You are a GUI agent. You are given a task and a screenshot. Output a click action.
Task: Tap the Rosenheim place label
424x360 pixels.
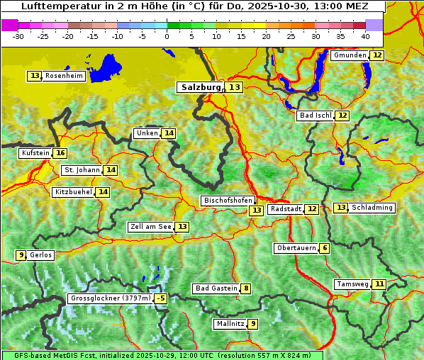(x=64, y=76)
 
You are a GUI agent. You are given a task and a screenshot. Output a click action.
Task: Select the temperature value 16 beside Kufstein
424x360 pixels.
(x=60, y=153)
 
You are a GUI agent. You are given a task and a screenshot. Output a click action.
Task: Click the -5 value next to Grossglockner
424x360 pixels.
(x=161, y=299)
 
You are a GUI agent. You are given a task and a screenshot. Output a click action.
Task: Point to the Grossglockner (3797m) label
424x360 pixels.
(x=111, y=299)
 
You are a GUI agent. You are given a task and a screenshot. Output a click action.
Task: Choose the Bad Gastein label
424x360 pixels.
(x=216, y=288)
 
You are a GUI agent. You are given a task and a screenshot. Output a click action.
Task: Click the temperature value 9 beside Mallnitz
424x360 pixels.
(x=252, y=324)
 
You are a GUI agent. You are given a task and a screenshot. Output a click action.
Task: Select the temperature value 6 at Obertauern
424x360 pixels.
(x=324, y=248)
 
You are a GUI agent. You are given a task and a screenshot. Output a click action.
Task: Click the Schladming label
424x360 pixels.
(x=372, y=208)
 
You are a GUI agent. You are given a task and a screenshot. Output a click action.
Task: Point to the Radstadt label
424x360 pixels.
(x=286, y=209)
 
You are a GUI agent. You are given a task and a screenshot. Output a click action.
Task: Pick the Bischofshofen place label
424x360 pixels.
(x=228, y=201)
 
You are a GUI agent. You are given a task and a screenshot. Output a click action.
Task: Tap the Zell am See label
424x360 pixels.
(x=151, y=227)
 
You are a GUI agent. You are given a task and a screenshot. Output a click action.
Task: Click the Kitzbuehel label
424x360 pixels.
(x=74, y=192)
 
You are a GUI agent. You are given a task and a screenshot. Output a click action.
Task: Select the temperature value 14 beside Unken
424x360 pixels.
(x=168, y=133)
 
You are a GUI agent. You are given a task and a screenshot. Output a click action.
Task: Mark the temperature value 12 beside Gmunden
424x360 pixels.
(x=377, y=55)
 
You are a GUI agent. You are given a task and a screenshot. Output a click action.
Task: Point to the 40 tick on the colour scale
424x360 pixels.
(x=365, y=36)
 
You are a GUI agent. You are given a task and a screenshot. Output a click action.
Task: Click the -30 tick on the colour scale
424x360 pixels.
(x=18, y=36)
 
